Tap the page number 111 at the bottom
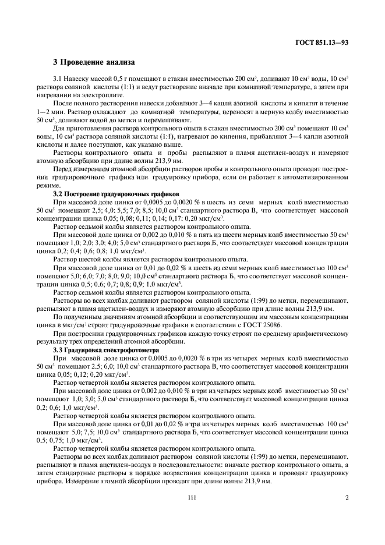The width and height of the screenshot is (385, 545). tap(192, 497)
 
